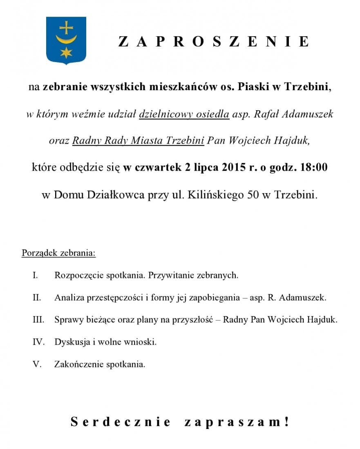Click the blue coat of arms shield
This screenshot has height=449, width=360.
[66, 40]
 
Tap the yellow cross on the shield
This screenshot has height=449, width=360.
[66, 27]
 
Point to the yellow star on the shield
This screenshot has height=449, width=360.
[66, 52]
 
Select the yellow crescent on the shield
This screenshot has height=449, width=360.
[66, 40]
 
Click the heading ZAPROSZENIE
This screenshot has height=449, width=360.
[213, 42]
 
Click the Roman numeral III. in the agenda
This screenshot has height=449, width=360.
[38, 320]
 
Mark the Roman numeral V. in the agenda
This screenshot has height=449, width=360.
[37, 364]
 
